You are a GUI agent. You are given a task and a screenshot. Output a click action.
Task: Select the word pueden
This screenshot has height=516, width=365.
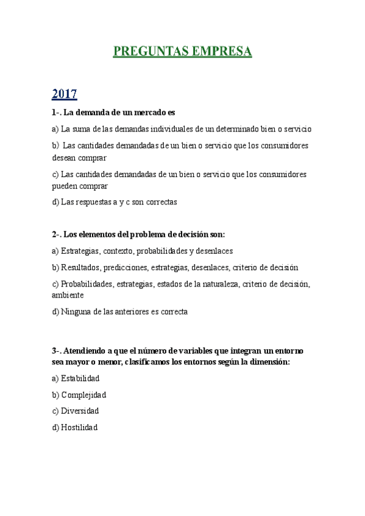[65, 186]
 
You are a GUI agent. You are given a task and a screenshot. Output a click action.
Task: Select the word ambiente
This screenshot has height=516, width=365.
[68, 295]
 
